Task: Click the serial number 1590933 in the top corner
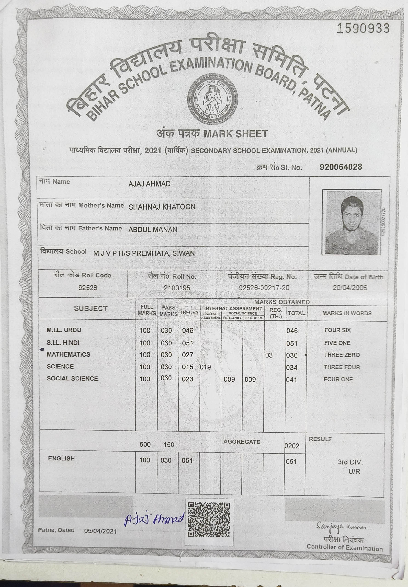tap(363, 29)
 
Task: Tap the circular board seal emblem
tap(212, 100)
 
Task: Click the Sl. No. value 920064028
tap(341, 167)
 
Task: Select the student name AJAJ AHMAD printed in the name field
tap(149, 184)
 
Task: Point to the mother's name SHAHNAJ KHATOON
tap(162, 207)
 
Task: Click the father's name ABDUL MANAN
tap(153, 230)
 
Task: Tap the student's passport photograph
tap(351, 222)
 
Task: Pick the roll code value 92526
tap(88, 288)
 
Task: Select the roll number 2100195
tap(177, 288)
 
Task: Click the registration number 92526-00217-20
tap(264, 288)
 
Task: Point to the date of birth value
tap(349, 288)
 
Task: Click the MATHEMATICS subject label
tap(68, 355)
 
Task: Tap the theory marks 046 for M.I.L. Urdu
tap(188, 331)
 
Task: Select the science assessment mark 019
tap(206, 367)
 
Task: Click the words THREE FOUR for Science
tap(342, 367)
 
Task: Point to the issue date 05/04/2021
tap(100, 531)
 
